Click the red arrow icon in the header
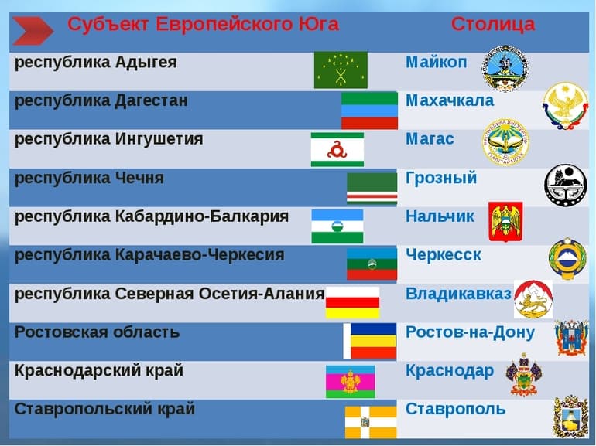pyautogui.click(x=33, y=30)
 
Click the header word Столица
pyautogui.click(x=492, y=24)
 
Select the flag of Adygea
pyautogui.click(x=341, y=70)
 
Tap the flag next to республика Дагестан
pyautogui.click(x=369, y=111)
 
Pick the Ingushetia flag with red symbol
pyautogui.click(x=337, y=149)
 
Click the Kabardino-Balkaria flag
pyautogui.click(x=337, y=226)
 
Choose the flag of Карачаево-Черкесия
pyautogui.click(x=372, y=264)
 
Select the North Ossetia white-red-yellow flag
pyautogui.click(x=352, y=302)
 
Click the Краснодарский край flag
pyautogui.click(x=350, y=380)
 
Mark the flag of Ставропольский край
pyautogui.click(x=371, y=421)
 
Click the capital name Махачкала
pyautogui.click(x=449, y=101)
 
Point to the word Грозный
pyautogui.click(x=441, y=179)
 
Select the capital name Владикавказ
pyautogui.click(x=458, y=294)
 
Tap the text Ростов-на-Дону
pyautogui.click(x=470, y=332)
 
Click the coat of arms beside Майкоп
pyautogui.click(x=506, y=68)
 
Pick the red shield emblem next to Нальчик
pyautogui.click(x=505, y=222)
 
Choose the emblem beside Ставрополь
pyautogui.click(x=570, y=417)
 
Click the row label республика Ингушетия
pyautogui.click(x=109, y=139)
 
